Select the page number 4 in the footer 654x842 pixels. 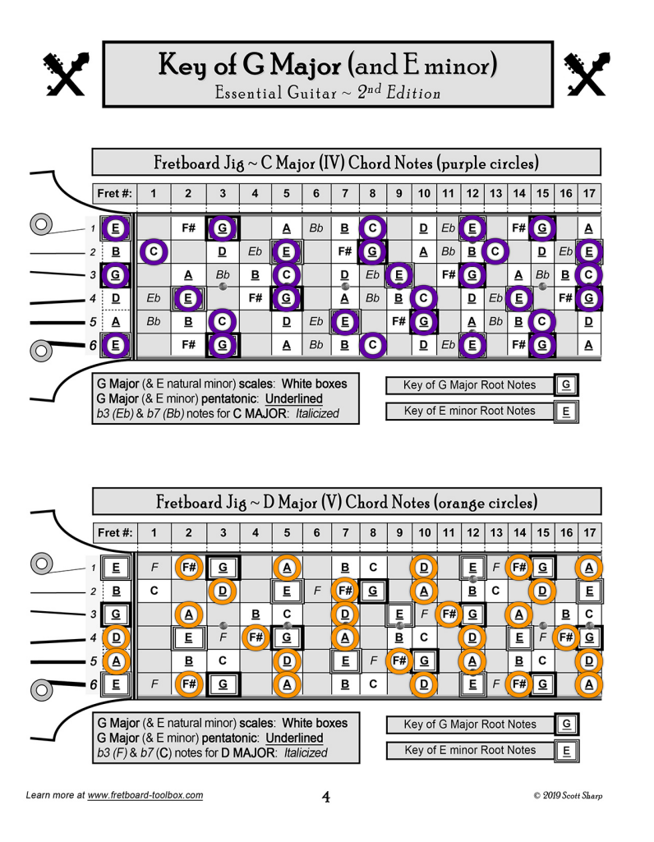326,796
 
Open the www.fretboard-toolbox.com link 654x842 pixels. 145,795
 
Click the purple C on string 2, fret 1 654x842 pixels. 154,251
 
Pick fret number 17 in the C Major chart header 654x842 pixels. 589,194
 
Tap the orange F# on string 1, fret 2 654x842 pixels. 189,567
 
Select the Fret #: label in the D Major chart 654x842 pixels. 114,533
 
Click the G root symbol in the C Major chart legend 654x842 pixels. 565,384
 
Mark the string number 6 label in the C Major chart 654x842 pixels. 92,345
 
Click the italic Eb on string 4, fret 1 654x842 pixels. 154,299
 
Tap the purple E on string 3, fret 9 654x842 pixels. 398,275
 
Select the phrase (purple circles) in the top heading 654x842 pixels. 490,163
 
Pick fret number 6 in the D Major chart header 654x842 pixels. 317,533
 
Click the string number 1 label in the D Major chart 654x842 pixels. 93,567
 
